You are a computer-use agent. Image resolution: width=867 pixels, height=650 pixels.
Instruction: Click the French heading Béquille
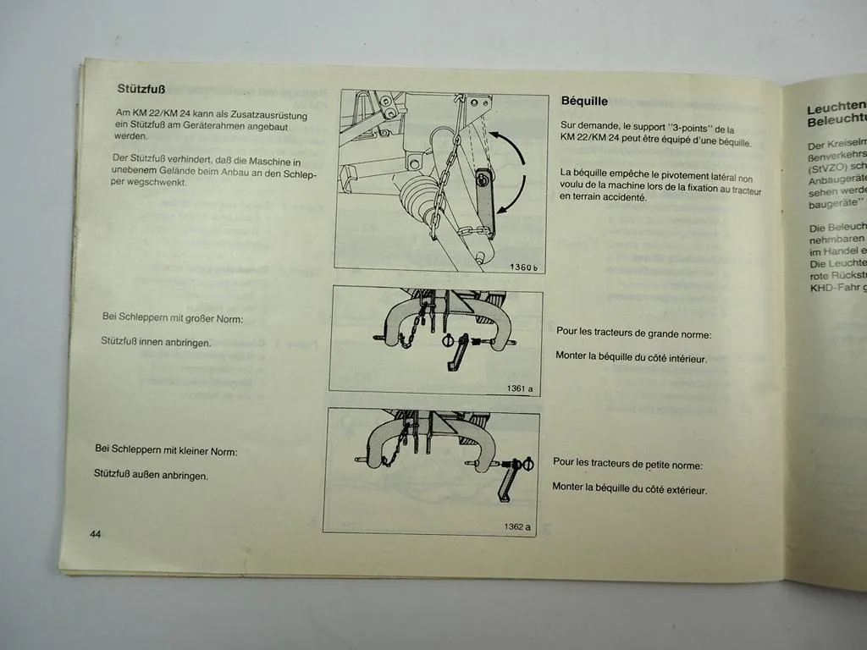[x=584, y=101]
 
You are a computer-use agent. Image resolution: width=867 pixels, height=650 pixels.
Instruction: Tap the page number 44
[x=95, y=534]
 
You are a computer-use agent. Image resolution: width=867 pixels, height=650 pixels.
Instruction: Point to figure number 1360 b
[x=523, y=267]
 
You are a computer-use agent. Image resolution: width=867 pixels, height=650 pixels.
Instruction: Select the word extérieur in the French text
[x=683, y=489]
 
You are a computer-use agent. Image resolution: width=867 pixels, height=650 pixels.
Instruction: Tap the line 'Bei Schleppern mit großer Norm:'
[x=172, y=319]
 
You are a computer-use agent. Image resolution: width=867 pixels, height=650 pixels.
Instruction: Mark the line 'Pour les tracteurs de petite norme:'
[x=628, y=463]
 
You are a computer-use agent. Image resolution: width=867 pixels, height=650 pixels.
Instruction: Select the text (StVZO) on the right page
[x=827, y=168]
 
